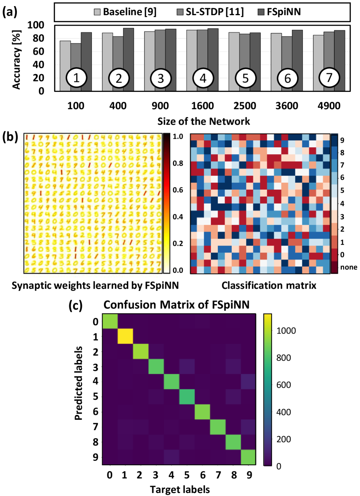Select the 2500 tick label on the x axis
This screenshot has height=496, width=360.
244,106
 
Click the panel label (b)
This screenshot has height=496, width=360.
10,137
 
